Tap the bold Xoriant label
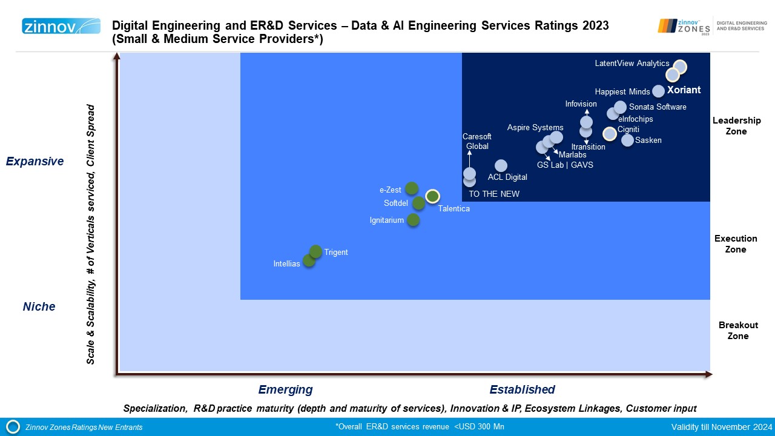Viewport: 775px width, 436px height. pos(684,90)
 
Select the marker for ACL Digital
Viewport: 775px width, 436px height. pos(501,166)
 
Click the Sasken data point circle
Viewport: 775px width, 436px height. pos(627,140)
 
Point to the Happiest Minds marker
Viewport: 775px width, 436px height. pos(658,91)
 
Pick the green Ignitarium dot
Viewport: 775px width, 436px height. pos(413,220)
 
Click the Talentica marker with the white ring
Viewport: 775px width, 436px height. pos(432,196)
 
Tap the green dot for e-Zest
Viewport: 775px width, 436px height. pos(412,188)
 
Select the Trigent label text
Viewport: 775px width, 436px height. pos(336,253)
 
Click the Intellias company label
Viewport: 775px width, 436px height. pos(287,264)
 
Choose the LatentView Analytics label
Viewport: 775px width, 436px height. pos(632,64)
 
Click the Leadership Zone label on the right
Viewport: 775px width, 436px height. pos(737,126)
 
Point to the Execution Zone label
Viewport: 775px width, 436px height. pos(736,244)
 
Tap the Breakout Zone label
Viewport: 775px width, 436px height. pos(738,331)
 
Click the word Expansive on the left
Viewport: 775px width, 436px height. pos(35,161)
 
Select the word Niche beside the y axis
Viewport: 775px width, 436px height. pos(39,306)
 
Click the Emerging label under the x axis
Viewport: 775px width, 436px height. pos(285,389)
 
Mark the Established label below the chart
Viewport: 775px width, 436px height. pos(522,389)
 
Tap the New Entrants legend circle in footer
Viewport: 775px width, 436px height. pos(13,427)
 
